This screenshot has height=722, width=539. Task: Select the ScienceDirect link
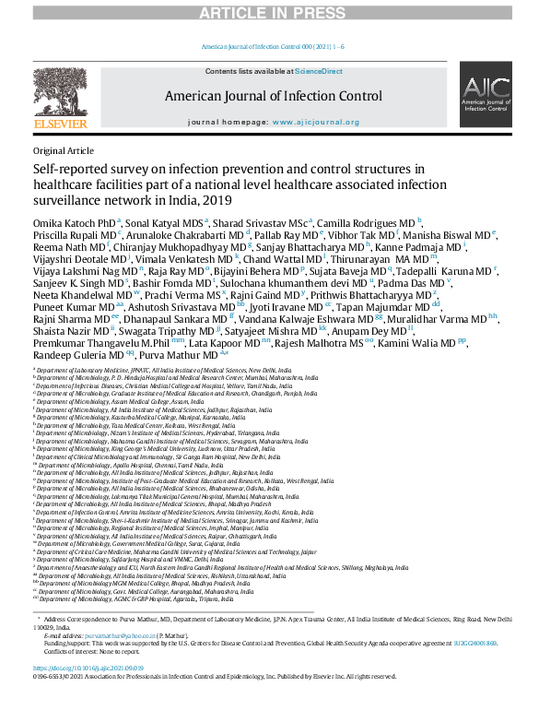[x=319, y=71]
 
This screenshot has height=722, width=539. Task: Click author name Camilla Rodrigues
[x=359, y=222]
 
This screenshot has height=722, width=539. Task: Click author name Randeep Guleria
[x=65, y=353]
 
